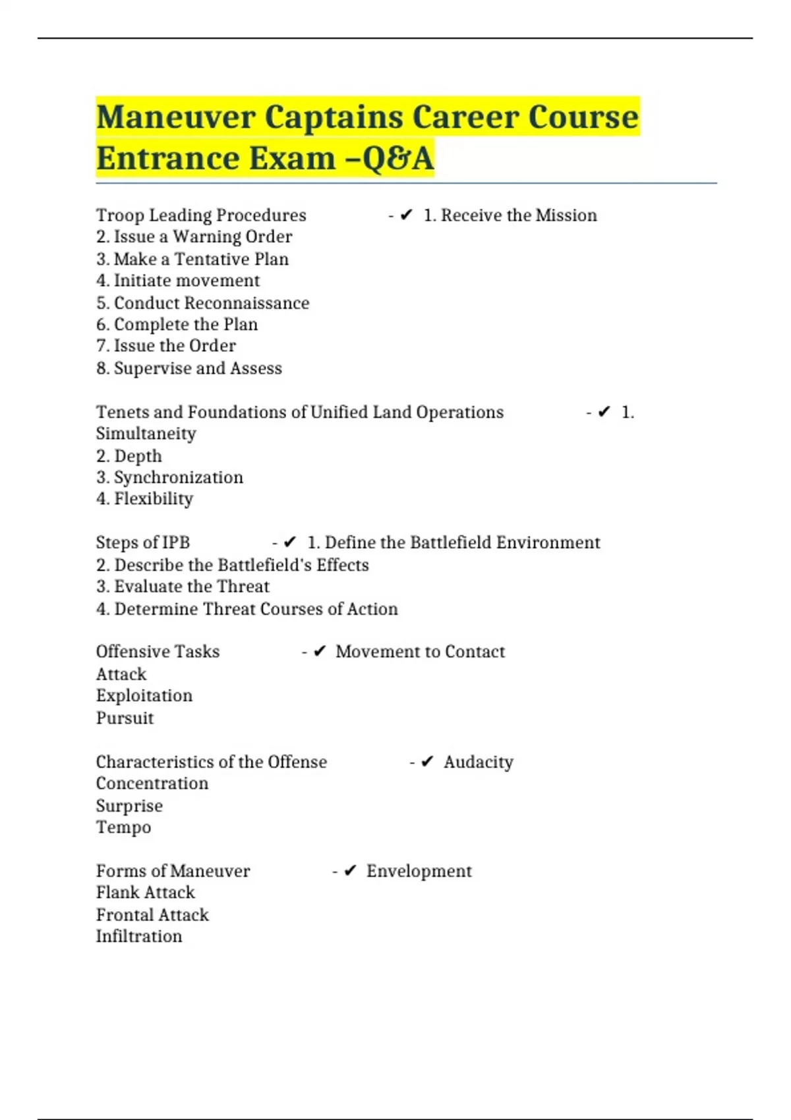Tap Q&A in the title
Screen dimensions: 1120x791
coord(398,159)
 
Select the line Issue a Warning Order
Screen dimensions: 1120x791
coord(194,237)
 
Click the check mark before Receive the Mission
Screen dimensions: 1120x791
coord(406,215)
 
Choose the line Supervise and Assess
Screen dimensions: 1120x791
coord(189,368)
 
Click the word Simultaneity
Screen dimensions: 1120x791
coord(146,434)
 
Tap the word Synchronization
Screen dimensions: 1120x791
coord(179,477)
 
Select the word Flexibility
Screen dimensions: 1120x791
coord(154,499)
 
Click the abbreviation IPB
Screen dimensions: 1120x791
coord(175,542)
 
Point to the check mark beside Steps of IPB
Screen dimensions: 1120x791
coord(289,542)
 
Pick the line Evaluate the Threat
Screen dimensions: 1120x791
coord(183,586)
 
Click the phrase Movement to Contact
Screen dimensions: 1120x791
coord(420,652)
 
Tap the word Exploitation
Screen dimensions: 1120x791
coord(144,696)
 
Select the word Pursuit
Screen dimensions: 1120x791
coord(125,718)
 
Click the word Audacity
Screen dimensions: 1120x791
coord(478,762)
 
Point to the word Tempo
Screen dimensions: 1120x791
coord(123,827)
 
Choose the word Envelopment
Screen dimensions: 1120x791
coord(419,871)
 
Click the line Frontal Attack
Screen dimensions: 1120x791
coord(152,914)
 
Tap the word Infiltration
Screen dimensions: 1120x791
coord(139,936)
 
